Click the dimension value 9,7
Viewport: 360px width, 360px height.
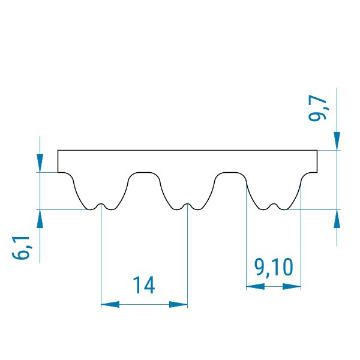pos(319,107)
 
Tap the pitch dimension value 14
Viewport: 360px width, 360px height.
pos(144,286)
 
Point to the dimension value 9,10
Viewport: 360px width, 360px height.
pos(274,268)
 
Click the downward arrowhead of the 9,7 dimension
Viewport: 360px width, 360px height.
pos(337,142)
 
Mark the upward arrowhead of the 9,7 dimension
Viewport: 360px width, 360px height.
pos(337,218)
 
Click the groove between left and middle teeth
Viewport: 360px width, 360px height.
pos(144,173)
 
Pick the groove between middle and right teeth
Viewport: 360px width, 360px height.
pos(231,173)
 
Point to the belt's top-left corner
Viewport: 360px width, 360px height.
pos(58,150)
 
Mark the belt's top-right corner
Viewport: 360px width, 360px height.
pos(317,150)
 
